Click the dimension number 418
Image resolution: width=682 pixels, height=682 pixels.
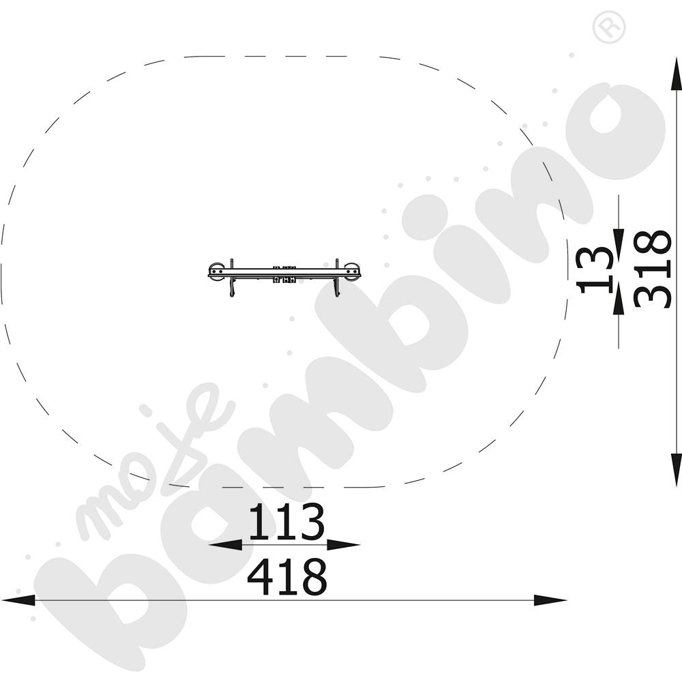(286, 577)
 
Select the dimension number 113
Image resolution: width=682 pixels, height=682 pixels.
(286, 521)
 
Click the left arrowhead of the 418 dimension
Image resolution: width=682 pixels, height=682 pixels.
(18, 600)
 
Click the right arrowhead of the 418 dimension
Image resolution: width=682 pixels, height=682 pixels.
(550, 600)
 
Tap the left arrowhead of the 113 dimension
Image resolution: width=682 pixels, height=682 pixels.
(225, 544)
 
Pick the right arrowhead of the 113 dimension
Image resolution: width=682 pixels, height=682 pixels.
(344, 544)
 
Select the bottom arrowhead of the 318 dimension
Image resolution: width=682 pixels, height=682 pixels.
(677, 470)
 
